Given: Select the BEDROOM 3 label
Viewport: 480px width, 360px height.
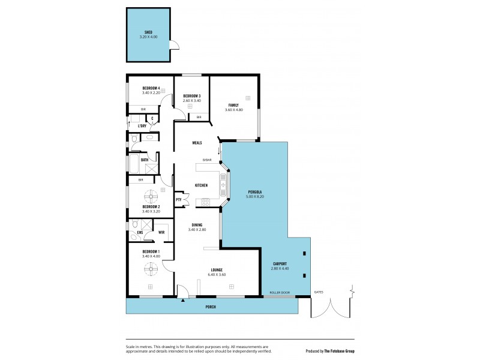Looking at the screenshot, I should coord(191,96).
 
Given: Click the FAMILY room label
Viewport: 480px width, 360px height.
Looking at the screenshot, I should coord(233,105).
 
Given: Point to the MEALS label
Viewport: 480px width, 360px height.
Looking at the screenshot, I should coord(197,143).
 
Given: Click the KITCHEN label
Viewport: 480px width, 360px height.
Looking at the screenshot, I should coord(201,185).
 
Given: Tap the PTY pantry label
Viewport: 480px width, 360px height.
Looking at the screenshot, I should coord(179,199).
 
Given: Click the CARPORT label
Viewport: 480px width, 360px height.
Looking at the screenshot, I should coord(280,263).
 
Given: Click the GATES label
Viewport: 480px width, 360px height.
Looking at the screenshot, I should coord(318,292).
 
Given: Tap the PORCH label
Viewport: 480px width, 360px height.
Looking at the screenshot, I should coord(210,307).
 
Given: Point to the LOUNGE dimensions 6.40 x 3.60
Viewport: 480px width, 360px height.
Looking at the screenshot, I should coord(218,275).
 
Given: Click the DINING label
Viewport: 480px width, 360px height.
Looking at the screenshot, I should coord(197,225).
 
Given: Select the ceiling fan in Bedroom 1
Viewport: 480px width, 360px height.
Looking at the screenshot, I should coord(150,269).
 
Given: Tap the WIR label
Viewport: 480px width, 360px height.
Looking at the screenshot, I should coord(161,232).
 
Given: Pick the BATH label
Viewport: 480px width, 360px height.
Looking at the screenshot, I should coord(145,160).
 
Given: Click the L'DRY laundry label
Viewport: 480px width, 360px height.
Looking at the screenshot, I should coord(142,126).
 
